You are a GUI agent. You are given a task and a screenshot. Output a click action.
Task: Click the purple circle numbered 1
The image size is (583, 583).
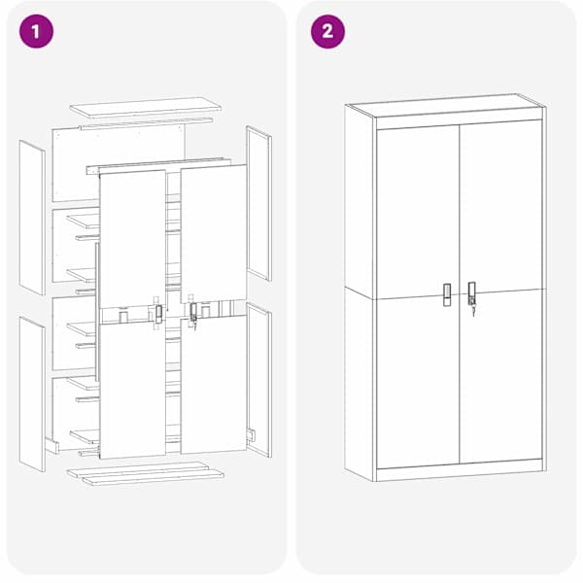(36, 31)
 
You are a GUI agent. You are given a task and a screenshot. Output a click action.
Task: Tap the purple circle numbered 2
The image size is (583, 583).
(327, 31)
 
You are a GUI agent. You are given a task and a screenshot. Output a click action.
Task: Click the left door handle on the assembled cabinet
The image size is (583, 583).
(447, 294)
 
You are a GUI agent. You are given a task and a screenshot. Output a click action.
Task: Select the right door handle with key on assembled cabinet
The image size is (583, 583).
(472, 297)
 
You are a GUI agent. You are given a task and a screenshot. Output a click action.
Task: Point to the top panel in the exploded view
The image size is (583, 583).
(146, 108)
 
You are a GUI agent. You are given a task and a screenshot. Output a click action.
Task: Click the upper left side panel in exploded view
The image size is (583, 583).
(32, 218)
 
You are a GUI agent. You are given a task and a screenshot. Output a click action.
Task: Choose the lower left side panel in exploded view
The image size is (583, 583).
(32, 394)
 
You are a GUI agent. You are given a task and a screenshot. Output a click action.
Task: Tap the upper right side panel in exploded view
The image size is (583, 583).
(258, 203)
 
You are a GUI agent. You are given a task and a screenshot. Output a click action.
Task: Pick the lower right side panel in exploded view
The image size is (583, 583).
(258, 380)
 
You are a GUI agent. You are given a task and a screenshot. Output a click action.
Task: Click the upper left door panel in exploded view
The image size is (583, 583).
(133, 238)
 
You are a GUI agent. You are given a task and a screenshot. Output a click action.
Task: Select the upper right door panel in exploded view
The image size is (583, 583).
(214, 233)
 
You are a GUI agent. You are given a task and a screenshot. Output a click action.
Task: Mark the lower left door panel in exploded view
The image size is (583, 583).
(133, 390)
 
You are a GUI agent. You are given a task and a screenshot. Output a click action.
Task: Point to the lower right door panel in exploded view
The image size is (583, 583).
(214, 385)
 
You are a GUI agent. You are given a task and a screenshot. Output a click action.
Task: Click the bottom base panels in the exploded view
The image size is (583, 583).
(146, 474)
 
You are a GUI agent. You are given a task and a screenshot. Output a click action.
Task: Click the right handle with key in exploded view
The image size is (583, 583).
(193, 315)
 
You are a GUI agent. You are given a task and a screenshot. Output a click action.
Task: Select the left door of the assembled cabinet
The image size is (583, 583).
(418, 296)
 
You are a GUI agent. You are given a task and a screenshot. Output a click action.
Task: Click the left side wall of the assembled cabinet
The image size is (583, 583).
(360, 293)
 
